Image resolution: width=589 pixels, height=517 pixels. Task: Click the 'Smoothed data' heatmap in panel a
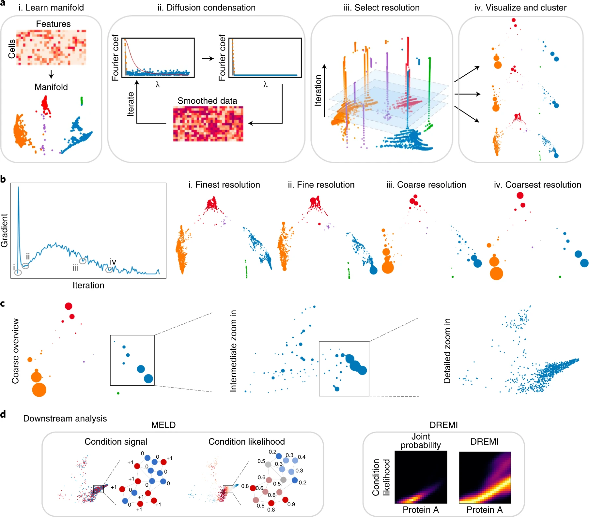click(x=208, y=124)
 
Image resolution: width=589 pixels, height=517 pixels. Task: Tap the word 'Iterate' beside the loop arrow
click(x=131, y=104)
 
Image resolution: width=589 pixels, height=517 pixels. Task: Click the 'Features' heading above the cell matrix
click(x=53, y=24)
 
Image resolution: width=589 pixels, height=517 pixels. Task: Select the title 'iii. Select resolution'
click(x=381, y=7)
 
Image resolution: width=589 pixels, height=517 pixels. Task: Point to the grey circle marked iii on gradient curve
click(x=83, y=261)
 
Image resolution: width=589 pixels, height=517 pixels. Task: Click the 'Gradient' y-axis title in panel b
click(x=4, y=230)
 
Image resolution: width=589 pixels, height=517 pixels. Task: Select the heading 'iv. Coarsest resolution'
click(x=537, y=185)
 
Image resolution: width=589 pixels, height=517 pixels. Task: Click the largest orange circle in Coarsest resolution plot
click(x=496, y=273)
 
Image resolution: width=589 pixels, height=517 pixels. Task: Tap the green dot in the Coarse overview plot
click(x=118, y=393)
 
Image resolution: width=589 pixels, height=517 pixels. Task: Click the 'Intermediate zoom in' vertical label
click(x=233, y=351)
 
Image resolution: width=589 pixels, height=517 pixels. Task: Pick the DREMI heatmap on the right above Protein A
click(x=485, y=477)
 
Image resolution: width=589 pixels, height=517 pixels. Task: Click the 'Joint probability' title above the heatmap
click(x=421, y=441)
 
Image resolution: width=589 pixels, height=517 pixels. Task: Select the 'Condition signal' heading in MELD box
click(x=116, y=441)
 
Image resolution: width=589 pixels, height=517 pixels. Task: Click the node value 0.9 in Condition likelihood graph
click(x=291, y=504)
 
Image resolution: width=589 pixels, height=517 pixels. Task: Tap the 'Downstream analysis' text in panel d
click(x=65, y=418)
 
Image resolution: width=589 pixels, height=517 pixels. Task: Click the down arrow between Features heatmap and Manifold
click(x=51, y=74)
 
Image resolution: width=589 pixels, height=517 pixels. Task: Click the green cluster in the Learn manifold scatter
click(x=82, y=101)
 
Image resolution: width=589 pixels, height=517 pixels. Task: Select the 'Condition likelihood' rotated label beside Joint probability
click(x=381, y=477)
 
